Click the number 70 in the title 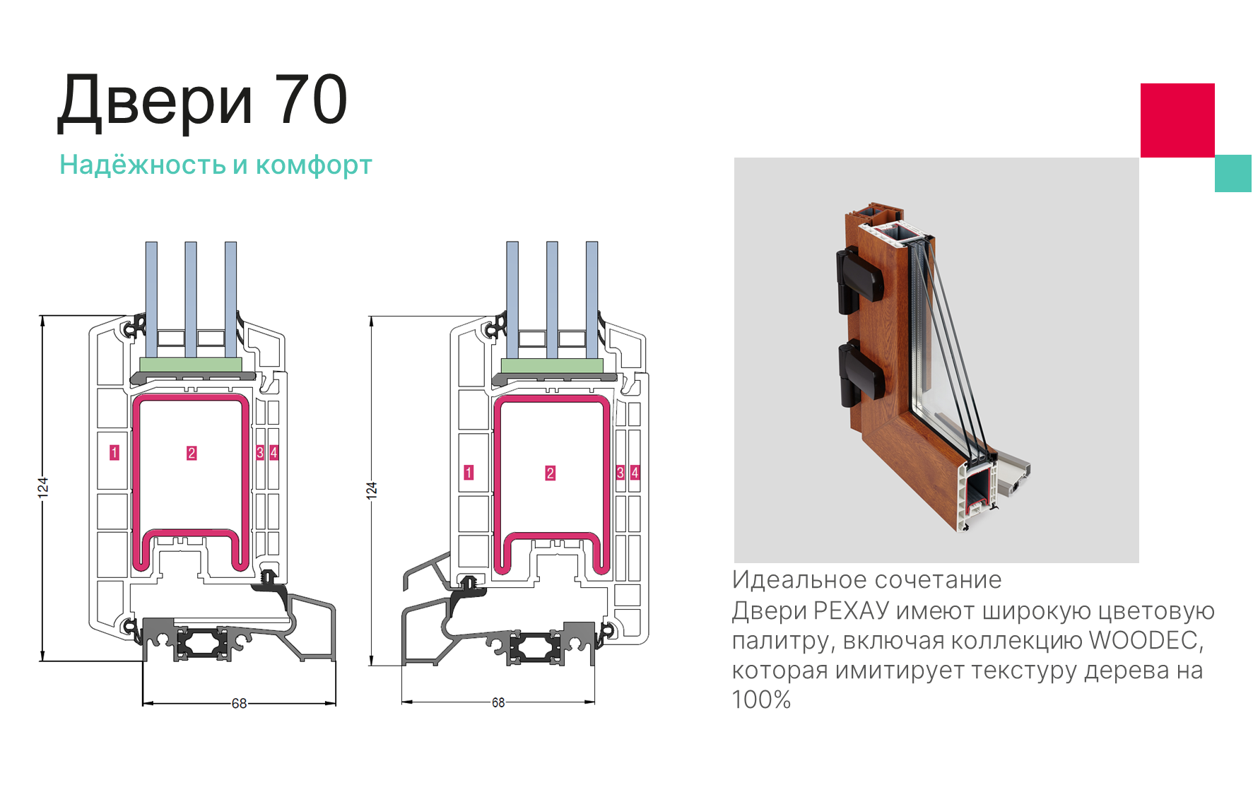pyautogui.click(x=311, y=100)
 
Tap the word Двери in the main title pyautogui.click(x=155, y=102)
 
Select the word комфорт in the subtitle pyautogui.click(x=314, y=166)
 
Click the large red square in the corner pyautogui.click(x=1177, y=120)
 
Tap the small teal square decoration pyautogui.click(x=1233, y=173)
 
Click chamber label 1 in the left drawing pyautogui.click(x=114, y=452)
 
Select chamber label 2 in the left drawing pyautogui.click(x=192, y=453)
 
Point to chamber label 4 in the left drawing pyautogui.click(x=274, y=452)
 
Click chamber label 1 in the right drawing pyautogui.click(x=469, y=472)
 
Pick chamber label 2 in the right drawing pyautogui.click(x=551, y=473)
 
